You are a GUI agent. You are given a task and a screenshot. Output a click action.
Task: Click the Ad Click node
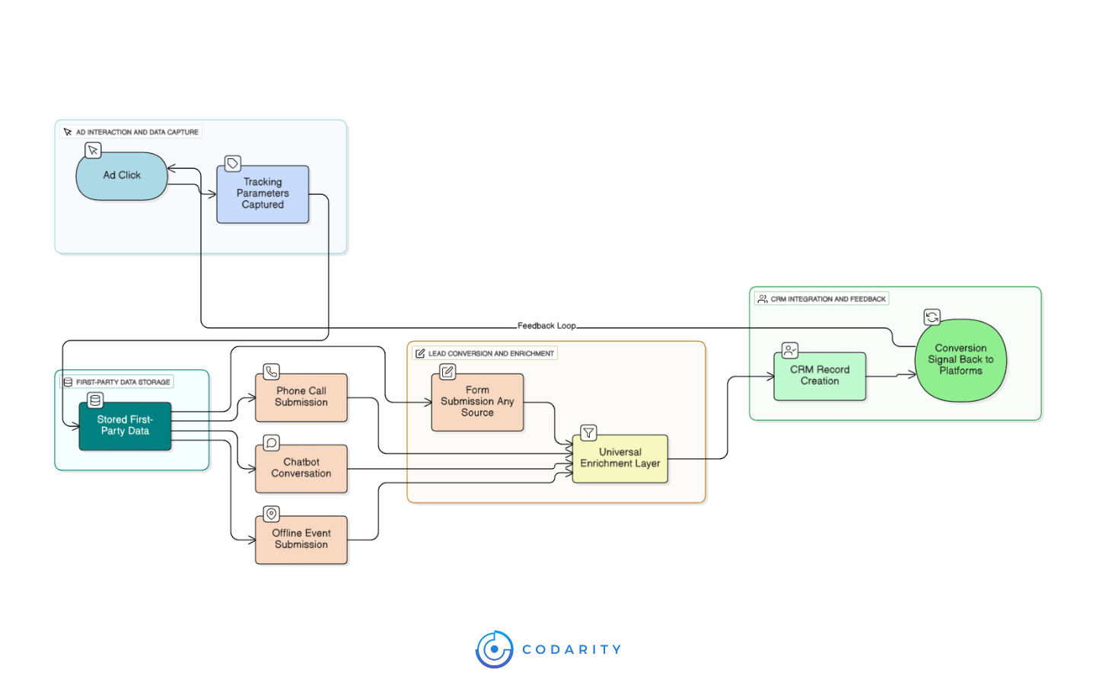122,176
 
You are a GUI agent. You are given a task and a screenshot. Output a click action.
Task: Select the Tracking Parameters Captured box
263,194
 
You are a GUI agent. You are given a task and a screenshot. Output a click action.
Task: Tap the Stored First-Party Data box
125,425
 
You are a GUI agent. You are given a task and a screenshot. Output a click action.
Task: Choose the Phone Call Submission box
301,397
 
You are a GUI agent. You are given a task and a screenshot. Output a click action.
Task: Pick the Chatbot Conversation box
301,468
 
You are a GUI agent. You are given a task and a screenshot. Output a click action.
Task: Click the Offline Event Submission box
301,540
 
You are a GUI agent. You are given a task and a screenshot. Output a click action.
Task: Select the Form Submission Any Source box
477,402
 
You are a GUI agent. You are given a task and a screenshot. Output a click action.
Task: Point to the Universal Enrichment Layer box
620,458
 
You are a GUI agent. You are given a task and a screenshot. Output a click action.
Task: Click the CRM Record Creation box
820,376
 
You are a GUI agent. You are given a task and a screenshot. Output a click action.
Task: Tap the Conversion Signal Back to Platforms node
961,360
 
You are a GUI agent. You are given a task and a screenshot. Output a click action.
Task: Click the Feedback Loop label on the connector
546,326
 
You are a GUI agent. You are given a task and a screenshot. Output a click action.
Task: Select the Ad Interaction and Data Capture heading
137,132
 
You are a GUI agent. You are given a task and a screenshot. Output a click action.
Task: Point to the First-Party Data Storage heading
123,382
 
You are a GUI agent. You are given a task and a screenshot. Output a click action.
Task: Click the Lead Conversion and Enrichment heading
491,354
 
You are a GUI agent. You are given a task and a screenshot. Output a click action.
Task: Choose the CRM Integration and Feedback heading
828,299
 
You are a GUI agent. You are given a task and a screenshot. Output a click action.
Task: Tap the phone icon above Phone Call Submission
271,371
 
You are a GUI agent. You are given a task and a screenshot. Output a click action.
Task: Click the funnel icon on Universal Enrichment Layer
588,433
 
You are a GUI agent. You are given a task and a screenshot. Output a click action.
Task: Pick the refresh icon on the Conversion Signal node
932,317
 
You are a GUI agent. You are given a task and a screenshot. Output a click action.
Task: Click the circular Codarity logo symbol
494,649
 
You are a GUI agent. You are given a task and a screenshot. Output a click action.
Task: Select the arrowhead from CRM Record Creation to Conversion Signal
911,374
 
